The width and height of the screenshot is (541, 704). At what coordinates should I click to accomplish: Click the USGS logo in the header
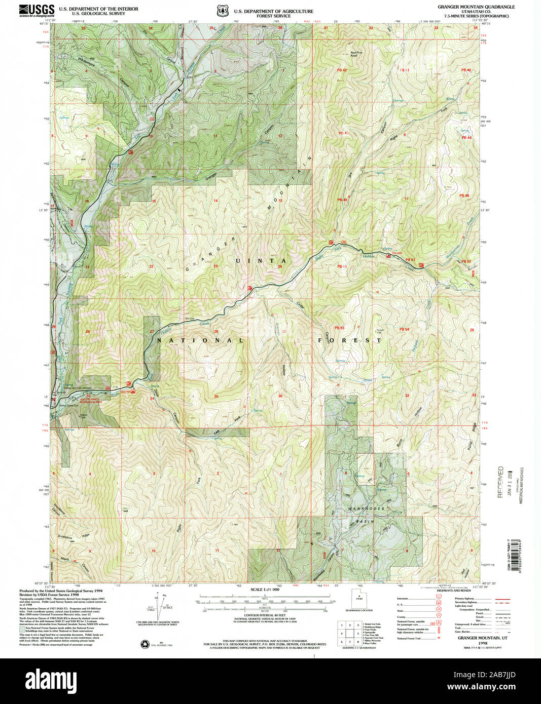(37, 11)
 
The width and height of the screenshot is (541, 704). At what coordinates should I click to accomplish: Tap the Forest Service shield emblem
(221, 11)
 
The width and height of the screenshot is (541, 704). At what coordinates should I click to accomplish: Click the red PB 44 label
(466, 138)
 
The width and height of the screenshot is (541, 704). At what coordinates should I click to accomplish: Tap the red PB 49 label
(342, 200)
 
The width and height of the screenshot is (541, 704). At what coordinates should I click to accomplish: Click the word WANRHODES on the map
(366, 509)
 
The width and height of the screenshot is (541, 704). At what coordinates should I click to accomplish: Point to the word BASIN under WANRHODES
(365, 521)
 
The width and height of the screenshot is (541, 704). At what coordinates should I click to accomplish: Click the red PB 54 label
(404, 329)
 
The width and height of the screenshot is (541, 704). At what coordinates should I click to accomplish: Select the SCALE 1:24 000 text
(265, 590)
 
